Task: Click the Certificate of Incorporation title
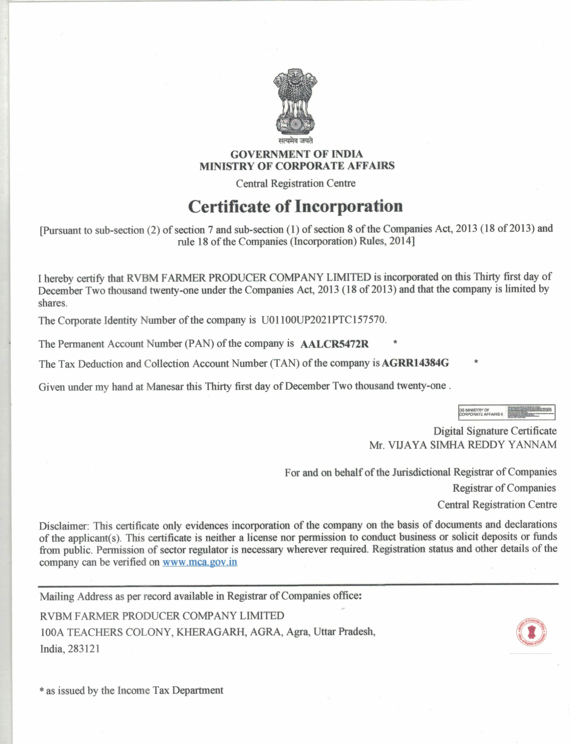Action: tap(295, 206)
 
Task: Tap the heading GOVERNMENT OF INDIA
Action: tap(296, 154)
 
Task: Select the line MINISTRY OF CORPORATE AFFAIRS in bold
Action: tap(297, 166)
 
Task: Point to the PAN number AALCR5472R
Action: tap(334, 344)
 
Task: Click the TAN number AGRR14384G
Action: tap(415, 363)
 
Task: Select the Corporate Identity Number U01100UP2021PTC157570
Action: tap(323, 320)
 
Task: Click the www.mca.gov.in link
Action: tap(200, 562)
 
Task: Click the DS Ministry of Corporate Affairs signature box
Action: tap(506, 412)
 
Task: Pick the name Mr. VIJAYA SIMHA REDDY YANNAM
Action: tap(463, 445)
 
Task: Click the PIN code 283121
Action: tap(84, 649)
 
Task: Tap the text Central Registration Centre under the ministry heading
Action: tap(296, 183)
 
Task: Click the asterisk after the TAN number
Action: tap(476, 362)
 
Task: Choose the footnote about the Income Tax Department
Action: tap(132, 690)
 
